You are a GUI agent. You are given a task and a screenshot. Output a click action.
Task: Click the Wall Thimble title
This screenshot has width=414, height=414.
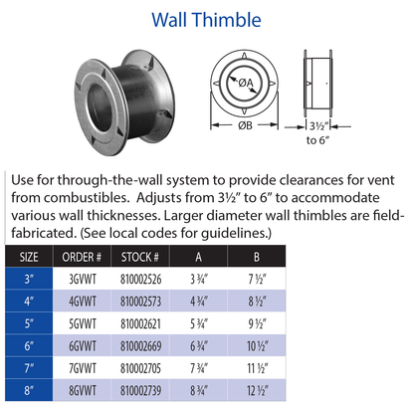tap(206, 19)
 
